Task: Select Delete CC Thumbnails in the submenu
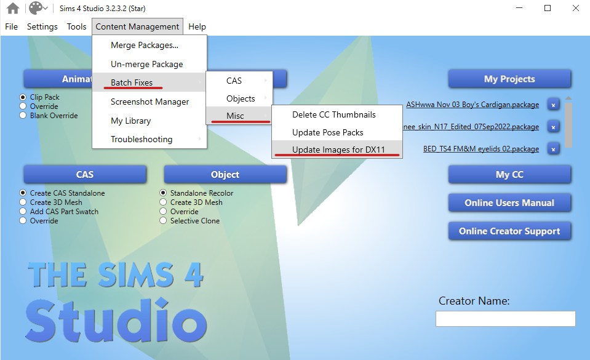(333, 114)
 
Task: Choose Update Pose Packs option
(327, 132)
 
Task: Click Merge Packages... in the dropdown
(145, 45)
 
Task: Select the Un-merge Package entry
(147, 64)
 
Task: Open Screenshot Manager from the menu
(149, 102)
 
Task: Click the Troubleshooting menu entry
(142, 139)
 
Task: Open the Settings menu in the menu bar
(42, 26)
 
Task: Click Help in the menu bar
(197, 26)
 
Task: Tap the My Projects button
(509, 79)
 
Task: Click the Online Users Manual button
(509, 203)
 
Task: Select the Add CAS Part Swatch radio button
(23, 212)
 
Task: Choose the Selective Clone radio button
(163, 221)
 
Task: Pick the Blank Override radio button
(23, 116)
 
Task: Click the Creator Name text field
(505, 319)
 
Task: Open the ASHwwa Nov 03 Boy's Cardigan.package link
(472, 105)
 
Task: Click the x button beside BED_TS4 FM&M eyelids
(553, 149)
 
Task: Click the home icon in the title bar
(13, 8)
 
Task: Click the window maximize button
(548, 8)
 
